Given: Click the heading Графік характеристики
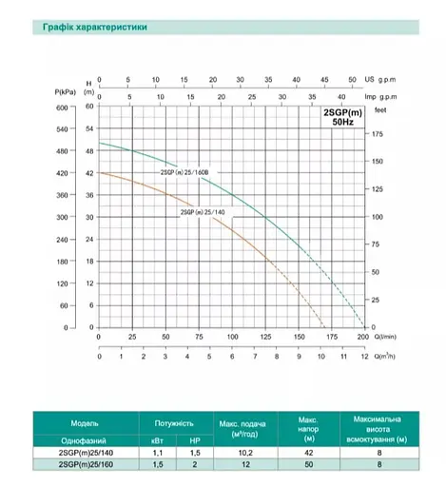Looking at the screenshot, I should coord(94,29).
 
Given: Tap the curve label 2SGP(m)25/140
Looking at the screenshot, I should coord(202,212).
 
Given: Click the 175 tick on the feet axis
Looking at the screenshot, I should coord(378,134).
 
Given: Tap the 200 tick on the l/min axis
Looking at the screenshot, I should coord(361,338).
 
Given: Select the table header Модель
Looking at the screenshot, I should coord(84,423).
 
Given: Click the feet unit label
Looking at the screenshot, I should coord(381,109).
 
